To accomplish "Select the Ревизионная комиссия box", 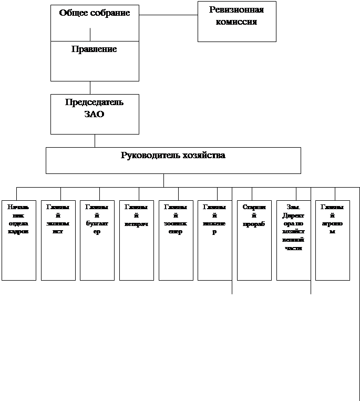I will tap(236, 22).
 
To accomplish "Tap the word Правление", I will tap(94, 49).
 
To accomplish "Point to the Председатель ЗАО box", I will tap(95, 114).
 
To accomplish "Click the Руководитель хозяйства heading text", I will tap(173, 156).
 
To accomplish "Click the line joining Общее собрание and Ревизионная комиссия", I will tap(168, 15).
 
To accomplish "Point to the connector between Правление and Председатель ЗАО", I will tap(90, 88).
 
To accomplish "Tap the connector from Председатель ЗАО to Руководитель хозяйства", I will tap(95, 141).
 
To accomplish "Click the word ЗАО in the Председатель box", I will tap(95, 114).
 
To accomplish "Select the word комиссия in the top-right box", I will tap(236, 22).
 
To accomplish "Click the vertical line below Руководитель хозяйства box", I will tap(163, 180).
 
